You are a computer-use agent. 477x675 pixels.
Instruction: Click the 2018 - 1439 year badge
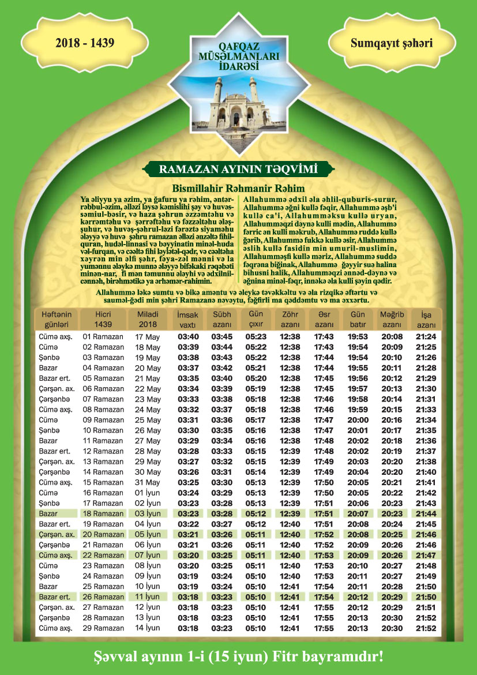click(x=85, y=42)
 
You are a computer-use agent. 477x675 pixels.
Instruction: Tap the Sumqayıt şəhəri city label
click(x=391, y=42)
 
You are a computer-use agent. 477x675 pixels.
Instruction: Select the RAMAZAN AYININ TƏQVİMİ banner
click(x=239, y=169)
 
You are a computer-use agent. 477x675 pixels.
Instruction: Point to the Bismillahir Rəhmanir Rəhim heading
click(x=239, y=188)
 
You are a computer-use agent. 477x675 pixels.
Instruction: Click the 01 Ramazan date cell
click(x=103, y=337)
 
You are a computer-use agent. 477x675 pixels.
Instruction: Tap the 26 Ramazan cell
click(x=103, y=597)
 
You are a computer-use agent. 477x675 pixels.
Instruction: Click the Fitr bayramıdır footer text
click(x=239, y=657)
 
